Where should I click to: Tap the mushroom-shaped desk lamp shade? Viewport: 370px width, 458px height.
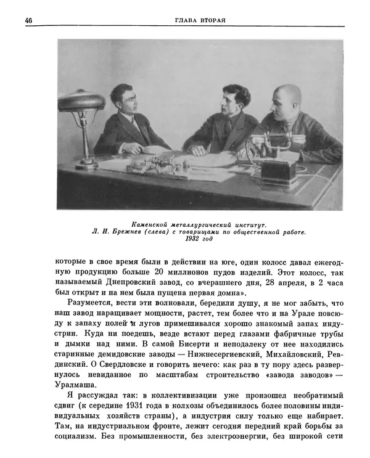(x=81, y=100)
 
